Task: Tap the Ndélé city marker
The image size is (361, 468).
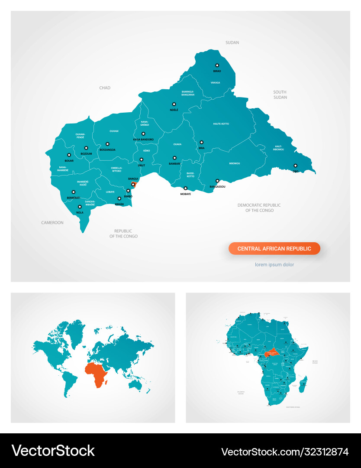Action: coord(174,104)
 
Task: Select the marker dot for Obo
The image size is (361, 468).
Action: coord(296,166)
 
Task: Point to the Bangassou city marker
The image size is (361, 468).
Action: coord(217,181)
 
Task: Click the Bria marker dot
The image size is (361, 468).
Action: coord(201,142)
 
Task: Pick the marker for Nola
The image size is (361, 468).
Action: coord(80,207)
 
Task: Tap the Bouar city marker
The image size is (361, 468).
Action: coord(69,155)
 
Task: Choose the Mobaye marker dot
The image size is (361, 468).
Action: coord(186,188)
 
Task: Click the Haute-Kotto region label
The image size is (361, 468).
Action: coord(221,124)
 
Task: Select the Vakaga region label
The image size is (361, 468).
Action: coord(215,82)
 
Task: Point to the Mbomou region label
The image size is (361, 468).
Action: coord(235,163)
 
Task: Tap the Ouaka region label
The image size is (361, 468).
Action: coord(177,144)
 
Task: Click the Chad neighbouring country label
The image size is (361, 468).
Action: coord(105,88)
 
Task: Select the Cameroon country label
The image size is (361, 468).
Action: coord(52,223)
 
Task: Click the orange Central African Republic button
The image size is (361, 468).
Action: coord(274,249)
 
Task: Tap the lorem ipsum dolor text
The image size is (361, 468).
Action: coord(274,264)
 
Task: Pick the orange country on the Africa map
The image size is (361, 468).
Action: coord(272,352)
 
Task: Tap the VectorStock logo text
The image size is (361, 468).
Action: coord(53,451)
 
